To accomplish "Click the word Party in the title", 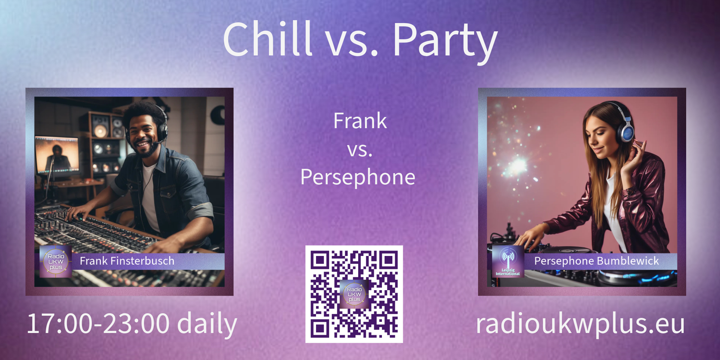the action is [445, 42].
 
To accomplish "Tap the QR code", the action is [354, 294].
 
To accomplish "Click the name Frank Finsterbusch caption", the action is [127, 261].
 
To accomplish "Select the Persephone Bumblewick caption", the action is [597, 261].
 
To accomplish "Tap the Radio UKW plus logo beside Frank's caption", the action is [56, 262].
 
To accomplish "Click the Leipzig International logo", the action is [508, 262].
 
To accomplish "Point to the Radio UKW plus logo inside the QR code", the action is [354, 294].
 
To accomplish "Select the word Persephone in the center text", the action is [358, 177].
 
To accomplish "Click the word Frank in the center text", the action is [360, 121].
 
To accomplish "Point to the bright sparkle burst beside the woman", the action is [518, 165].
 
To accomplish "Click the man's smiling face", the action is [143, 135].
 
